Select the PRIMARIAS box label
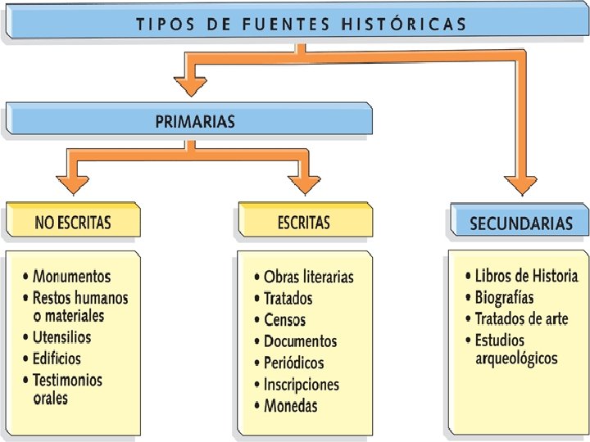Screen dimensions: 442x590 click(x=195, y=121)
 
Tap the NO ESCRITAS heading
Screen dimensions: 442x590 click(x=73, y=222)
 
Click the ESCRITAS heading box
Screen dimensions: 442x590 click(x=304, y=222)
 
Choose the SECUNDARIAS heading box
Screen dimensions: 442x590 click(x=520, y=223)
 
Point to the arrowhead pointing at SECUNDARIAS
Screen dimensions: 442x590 click(x=520, y=185)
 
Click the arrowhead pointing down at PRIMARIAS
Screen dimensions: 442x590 click(x=192, y=83)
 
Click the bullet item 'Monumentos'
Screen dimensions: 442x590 click(x=71, y=277)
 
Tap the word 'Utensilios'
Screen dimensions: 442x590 click(x=61, y=336)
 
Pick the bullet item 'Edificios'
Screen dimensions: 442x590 click(x=57, y=358)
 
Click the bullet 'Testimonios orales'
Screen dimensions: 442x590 click(x=67, y=389)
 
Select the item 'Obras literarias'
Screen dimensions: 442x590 click(x=308, y=277)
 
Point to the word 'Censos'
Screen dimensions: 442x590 click(x=284, y=320)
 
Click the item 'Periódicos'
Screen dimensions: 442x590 click(x=293, y=363)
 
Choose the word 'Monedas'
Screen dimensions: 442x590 click(x=290, y=405)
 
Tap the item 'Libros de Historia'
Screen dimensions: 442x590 click(x=526, y=276)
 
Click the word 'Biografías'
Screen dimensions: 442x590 click(x=504, y=297)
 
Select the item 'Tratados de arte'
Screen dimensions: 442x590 click(x=521, y=318)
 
